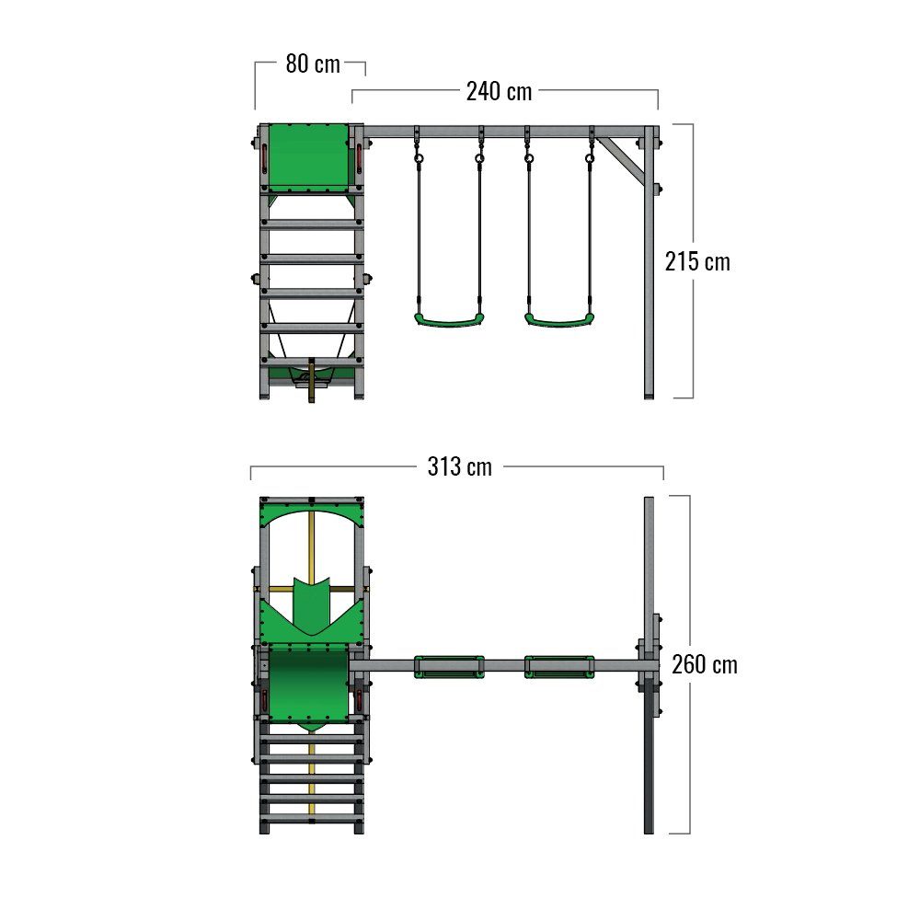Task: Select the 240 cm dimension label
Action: click(499, 91)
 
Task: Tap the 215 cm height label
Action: click(697, 261)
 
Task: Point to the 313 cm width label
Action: click(459, 467)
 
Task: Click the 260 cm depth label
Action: click(704, 664)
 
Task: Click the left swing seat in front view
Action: click(448, 319)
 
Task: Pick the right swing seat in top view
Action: click(558, 666)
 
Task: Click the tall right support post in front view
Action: click(650, 276)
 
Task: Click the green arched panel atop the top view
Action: click(311, 515)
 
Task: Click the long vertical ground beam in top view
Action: click(649, 570)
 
